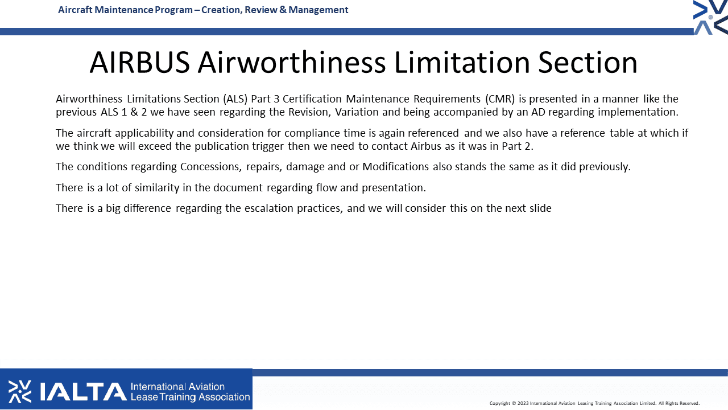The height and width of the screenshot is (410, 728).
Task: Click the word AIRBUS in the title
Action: pyautogui.click(x=140, y=62)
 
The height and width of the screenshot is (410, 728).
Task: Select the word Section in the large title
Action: pyautogui.click(x=588, y=62)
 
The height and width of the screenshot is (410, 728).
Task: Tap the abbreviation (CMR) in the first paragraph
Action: pyautogui.click(x=500, y=99)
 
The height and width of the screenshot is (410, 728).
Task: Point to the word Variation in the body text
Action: pyautogui.click(x=357, y=112)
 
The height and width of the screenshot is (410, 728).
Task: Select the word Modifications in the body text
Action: pyautogui.click(x=395, y=167)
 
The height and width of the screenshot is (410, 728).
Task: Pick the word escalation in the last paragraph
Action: pyautogui.click(x=269, y=208)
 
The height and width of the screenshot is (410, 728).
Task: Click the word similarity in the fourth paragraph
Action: pyautogui.click(x=157, y=188)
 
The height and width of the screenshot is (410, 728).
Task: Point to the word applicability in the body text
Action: pyautogui.click(x=144, y=133)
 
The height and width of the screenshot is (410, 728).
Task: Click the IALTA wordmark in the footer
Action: pyautogui.click(x=83, y=391)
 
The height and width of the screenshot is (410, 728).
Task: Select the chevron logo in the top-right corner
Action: pyautogui.click(x=710, y=17)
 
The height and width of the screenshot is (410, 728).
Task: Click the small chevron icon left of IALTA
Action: pyautogui.click(x=20, y=391)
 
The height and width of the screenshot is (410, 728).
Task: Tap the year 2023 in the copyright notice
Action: pyautogui.click(x=523, y=404)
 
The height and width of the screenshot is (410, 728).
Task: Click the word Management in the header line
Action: pyautogui.click(x=318, y=10)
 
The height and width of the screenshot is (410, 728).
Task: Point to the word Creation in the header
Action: pyautogui.click(x=221, y=10)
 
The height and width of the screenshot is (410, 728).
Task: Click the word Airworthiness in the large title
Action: pyautogui.click(x=292, y=62)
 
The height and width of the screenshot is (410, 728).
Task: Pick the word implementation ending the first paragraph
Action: pyautogui.click(x=638, y=112)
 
